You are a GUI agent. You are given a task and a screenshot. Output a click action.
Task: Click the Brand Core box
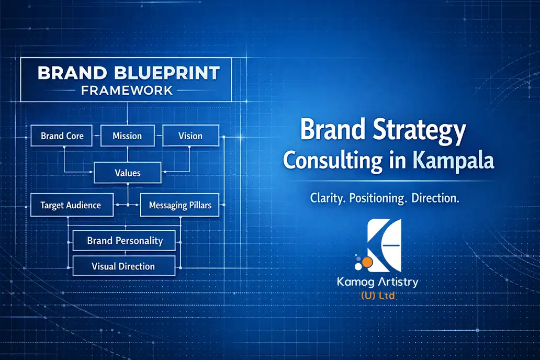point(62,136)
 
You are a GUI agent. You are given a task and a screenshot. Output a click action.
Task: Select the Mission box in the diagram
point(127,136)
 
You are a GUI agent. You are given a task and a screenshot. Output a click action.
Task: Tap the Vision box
point(190,136)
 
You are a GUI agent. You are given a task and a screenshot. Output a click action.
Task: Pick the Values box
point(127,173)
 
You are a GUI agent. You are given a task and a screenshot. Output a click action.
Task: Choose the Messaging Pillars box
point(180,205)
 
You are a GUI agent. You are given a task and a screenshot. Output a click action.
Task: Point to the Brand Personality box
point(125,241)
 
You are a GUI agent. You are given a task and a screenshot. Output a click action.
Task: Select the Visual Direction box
point(123,266)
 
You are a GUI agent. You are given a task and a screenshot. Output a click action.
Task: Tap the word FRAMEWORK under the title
point(127,91)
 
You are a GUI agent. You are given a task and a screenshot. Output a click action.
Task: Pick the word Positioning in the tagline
point(375,199)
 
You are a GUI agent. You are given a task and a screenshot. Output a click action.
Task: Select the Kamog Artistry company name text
point(378,283)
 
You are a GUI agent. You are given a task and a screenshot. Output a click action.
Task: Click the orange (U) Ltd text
point(378,296)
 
